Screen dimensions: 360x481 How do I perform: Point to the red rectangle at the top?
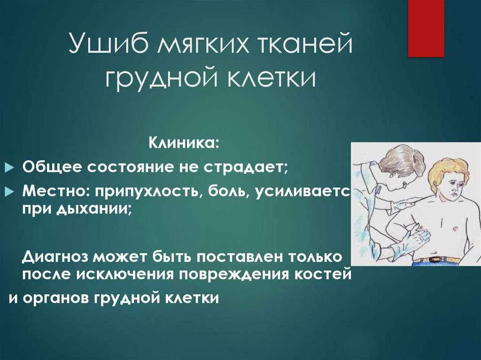[426, 28]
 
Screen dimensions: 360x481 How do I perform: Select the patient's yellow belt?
[437, 259]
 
